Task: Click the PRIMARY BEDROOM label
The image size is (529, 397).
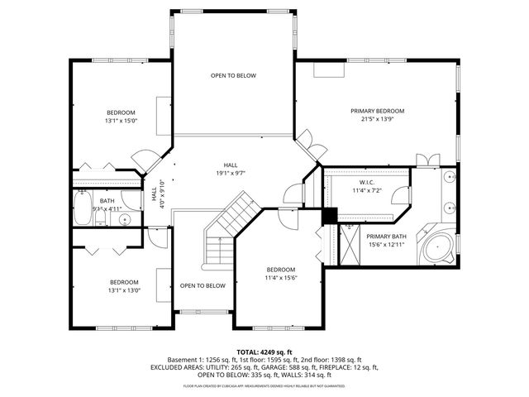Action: tap(377, 111)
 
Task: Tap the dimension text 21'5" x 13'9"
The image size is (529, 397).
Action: tap(377, 119)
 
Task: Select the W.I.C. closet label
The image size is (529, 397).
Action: tap(368, 182)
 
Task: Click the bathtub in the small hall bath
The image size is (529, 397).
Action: tap(83, 208)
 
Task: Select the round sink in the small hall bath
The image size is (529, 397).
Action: tap(124, 219)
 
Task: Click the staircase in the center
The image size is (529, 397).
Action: tap(228, 227)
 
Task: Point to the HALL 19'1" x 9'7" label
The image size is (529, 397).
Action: tap(231, 169)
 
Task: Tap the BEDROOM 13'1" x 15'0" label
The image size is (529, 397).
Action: tap(120, 117)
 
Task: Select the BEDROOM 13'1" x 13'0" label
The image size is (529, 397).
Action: tap(124, 285)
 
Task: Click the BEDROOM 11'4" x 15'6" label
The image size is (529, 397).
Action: tap(280, 274)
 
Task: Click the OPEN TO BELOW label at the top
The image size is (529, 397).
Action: tap(233, 75)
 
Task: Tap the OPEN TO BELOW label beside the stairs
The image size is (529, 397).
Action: tap(203, 285)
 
